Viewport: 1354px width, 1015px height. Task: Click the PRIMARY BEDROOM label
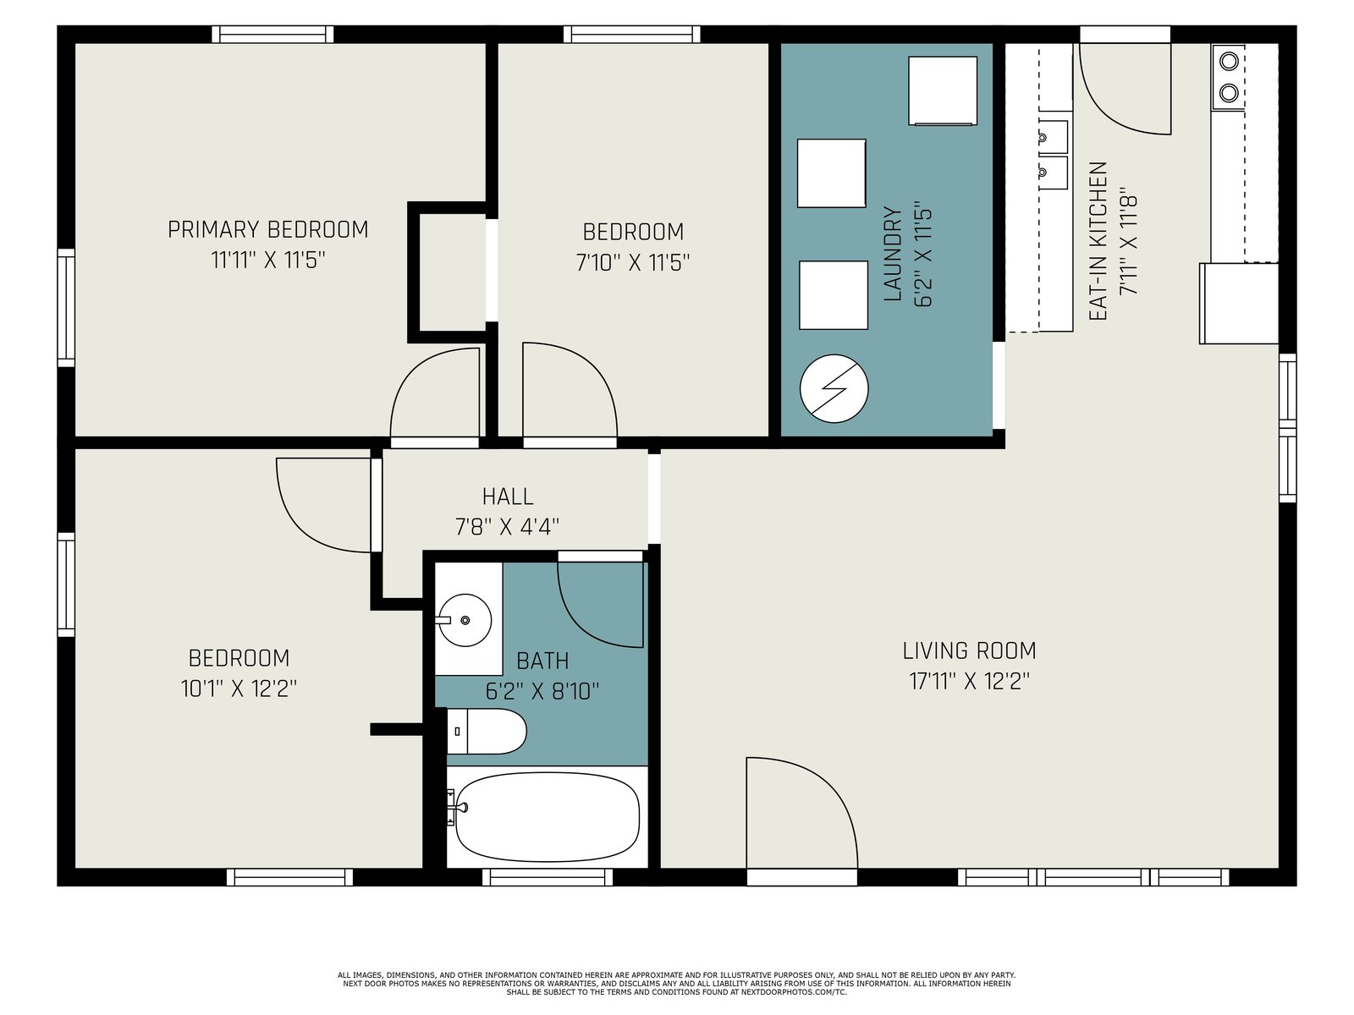[267, 230]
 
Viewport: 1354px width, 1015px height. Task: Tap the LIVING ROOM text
[969, 650]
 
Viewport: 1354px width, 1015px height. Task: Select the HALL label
[508, 497]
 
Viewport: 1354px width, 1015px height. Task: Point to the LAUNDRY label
[893, 254]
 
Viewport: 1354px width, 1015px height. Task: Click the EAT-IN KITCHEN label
[1098, 241]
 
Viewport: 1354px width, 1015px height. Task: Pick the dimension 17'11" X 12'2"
[969, 682]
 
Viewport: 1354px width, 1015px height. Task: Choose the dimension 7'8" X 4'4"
[507, 527]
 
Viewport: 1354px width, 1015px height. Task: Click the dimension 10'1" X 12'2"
[239, 689]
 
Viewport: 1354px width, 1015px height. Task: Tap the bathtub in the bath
[547, 817]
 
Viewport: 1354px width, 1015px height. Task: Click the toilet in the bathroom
[486, 731]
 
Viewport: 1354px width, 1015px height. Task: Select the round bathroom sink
[465, 620]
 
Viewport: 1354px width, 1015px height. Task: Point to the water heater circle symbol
[834, 388]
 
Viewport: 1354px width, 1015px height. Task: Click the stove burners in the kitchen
[1229, 77]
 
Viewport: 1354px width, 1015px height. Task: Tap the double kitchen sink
[1053, 154]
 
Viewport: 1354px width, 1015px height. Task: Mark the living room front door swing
[801, 813]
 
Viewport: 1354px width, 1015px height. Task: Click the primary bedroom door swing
[435, 393]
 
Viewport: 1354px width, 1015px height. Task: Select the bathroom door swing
[600, 605]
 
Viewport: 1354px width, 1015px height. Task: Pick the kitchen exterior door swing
[1125, 89]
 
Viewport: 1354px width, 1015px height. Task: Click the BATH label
[542, 661]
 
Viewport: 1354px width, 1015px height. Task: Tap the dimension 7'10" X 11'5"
[633, 263]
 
